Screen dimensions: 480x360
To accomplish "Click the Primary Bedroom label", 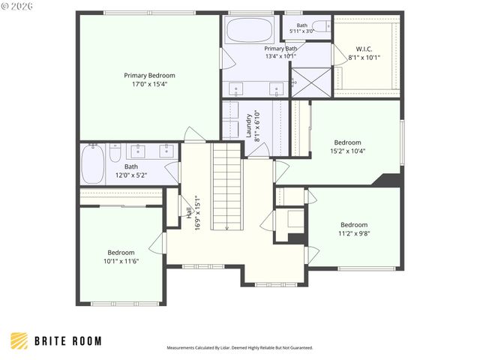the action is [149, 75].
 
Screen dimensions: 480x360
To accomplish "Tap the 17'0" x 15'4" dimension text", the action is [149, 84].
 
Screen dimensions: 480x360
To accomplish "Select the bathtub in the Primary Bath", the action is [250, 30].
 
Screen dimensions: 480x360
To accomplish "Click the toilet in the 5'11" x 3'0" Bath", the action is [322, 27].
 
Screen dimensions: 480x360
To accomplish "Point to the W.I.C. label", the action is [364, 49].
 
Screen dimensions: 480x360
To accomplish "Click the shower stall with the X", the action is [311, 82].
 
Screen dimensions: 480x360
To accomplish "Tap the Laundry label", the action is [249, 125].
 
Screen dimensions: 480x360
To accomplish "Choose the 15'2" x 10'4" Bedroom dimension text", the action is [348, 151].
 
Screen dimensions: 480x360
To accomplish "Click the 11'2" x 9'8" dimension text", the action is [354, 233].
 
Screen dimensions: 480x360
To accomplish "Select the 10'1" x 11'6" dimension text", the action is [121, 261].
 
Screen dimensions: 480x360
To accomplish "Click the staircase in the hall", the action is [226, 186].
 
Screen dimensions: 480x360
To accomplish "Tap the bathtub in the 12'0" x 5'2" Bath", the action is [93, 164].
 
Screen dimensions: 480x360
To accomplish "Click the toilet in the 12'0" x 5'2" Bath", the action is [115, 153].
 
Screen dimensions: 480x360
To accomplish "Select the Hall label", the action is [190, 213].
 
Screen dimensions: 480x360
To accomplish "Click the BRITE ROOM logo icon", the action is [19, 341].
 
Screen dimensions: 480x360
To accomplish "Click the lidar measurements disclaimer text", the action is [240, 348].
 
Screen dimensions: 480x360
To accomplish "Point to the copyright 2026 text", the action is [16, 6].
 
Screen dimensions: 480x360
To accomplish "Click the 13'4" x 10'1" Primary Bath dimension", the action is [280, 56].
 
